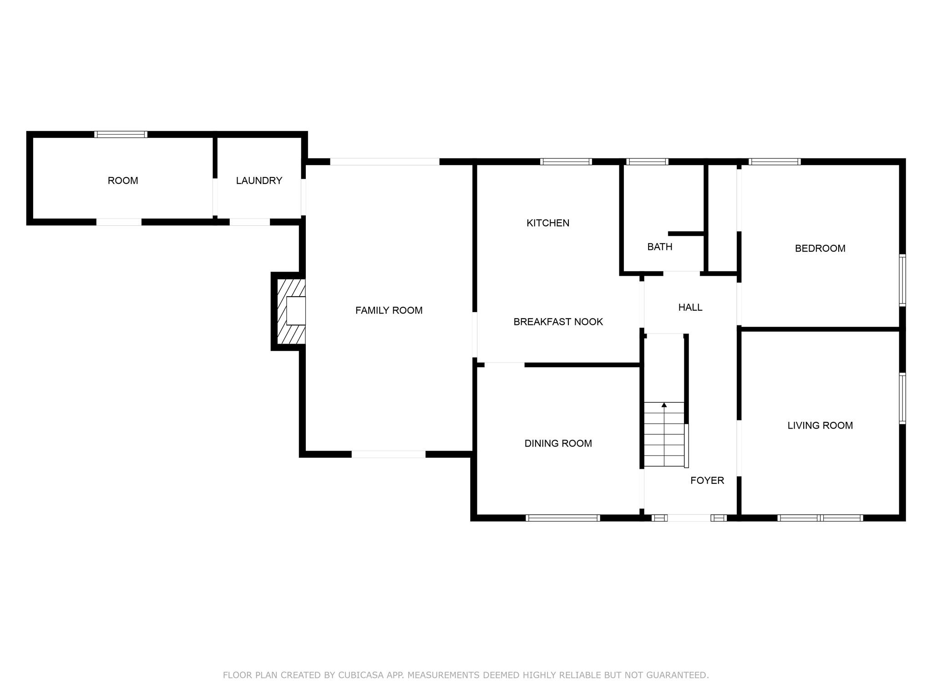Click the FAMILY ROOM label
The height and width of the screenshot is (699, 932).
pos(389,310)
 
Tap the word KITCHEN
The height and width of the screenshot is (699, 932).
pos(547,223)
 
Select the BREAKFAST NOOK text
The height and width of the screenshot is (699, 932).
pos(558,322)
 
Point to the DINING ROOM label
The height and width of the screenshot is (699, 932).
pos(558,443)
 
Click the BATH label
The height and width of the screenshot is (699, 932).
pos(659,247)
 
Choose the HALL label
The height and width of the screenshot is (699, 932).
pos(690,307)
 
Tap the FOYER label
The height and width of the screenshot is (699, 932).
pos(707,480)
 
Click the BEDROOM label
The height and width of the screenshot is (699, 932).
pos(820,248)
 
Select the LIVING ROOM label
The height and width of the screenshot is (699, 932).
pos(820,425)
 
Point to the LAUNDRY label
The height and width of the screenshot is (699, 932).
pos(259,181)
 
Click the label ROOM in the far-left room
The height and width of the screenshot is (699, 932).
pos(123,181)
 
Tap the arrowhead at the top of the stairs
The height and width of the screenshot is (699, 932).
pos(664,405)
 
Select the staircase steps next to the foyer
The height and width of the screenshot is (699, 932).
pos(664,437)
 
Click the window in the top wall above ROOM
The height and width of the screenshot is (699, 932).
pos(121,134)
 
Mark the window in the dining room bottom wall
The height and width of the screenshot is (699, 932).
pos(562,517)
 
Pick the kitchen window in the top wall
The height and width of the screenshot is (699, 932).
pos(566,162)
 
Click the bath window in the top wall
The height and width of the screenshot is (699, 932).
pos(647,162)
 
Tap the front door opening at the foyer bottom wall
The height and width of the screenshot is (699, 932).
pos(689,517)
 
